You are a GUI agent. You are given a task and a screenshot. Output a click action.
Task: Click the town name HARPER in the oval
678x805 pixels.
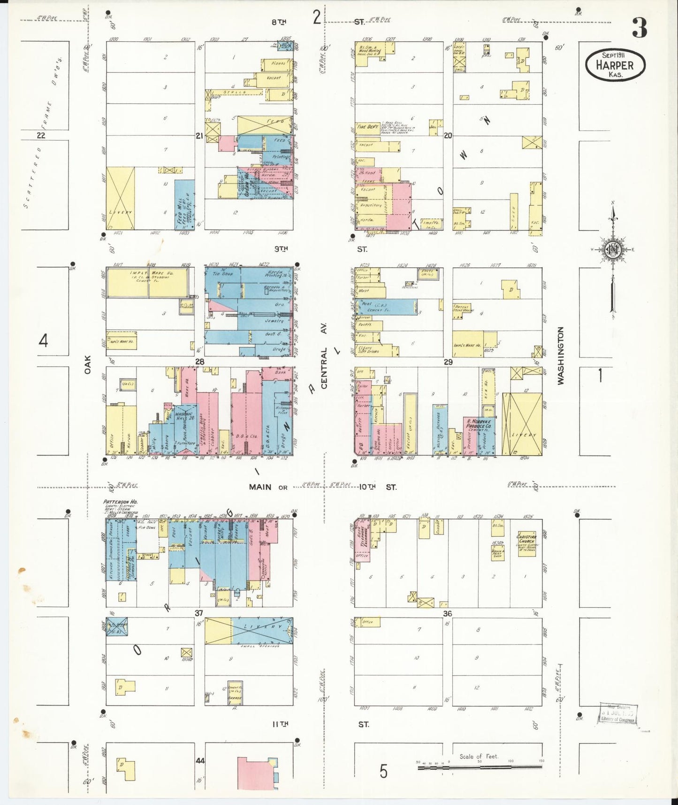pos(615,65)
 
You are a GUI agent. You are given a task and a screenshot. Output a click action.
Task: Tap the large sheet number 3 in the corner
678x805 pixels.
pos(639,28)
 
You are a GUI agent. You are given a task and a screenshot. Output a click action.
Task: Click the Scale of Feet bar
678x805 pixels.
pos(480,767)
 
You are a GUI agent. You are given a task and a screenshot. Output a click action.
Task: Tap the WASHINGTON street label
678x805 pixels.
pos(560,356)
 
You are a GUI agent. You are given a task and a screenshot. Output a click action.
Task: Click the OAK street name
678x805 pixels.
pos(87,364)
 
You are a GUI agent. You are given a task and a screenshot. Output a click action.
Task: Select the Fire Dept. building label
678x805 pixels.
pos(368,127)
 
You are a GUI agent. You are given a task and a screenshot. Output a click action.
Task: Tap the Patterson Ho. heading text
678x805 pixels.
pos(120,502)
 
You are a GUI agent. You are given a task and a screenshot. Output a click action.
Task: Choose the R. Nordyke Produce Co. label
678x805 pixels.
pos(479,423)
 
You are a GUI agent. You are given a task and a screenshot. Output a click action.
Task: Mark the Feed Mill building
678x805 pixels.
pos(184,205)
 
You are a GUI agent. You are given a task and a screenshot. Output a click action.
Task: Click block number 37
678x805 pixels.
pos(199,613)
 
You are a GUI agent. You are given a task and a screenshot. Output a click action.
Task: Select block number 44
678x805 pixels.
pos(200,760)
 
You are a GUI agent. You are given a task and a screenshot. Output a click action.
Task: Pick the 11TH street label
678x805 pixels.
pos(281,724)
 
